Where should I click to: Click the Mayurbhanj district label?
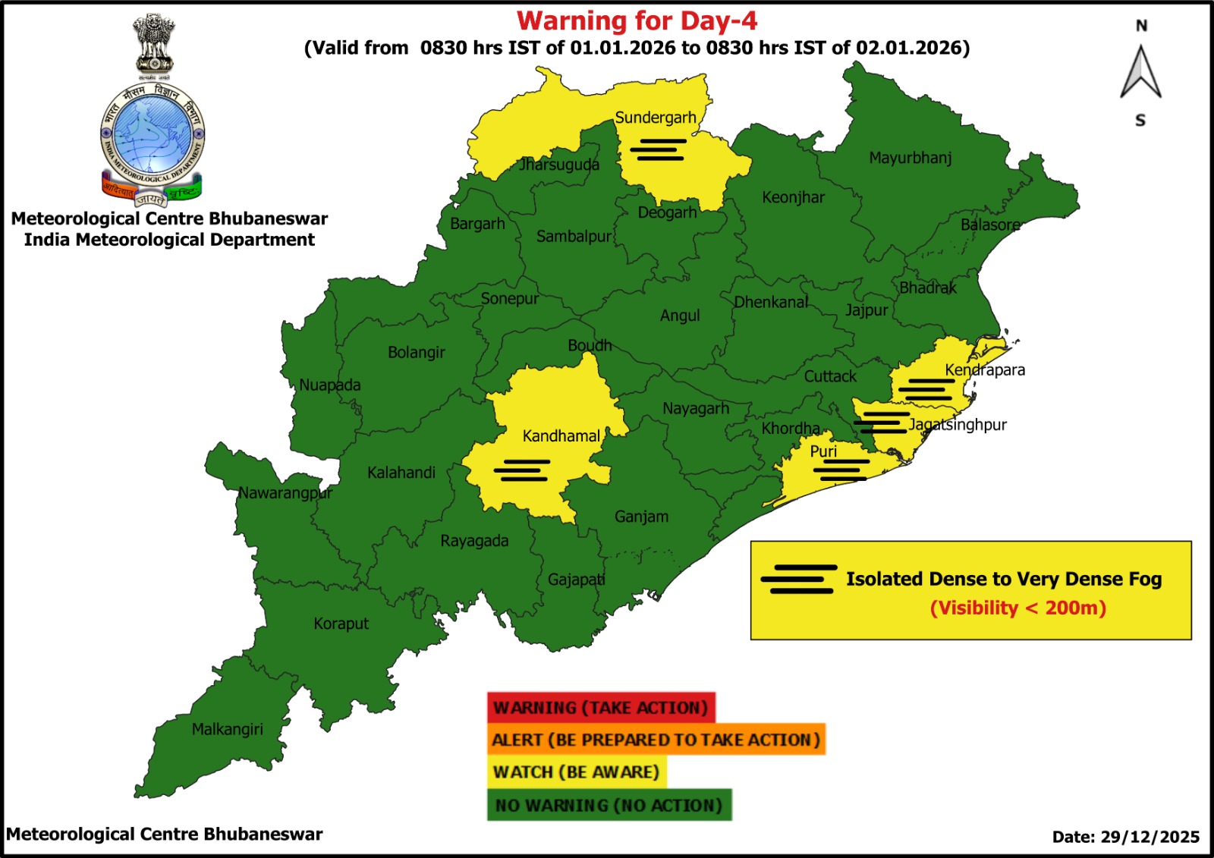pos(910,158)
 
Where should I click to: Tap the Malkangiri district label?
pos(227,729)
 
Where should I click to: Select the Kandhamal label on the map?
pos(561,436)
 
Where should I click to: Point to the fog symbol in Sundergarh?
pos(658,149)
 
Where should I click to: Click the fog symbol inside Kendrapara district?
pos(926,389)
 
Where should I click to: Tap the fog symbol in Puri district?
pos(841,470)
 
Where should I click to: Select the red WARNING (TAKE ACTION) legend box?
pos(601,708)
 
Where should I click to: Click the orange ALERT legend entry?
pos(656,740)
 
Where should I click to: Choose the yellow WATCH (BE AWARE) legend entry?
pos(576,772)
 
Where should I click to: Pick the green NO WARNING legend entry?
pos(609,805)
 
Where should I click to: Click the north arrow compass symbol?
pos(1140,73)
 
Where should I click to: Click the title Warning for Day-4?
pos(637,20)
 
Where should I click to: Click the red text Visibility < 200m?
pos(1017,608)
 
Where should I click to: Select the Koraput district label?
pos(341,624)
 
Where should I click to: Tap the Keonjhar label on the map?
pos(793,197)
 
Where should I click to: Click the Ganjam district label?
pos(641,517)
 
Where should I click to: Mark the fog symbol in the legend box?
pos(799,579)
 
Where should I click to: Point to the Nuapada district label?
pos(329,385)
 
